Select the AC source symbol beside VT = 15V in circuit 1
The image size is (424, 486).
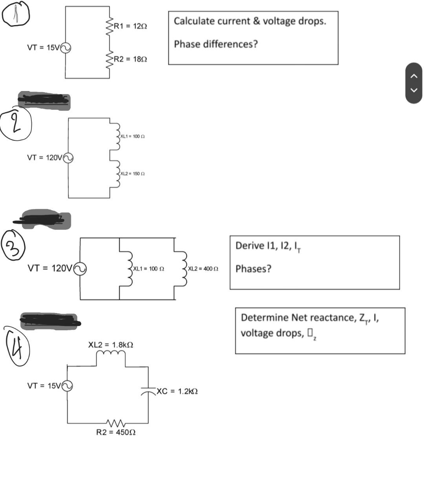(65, 48)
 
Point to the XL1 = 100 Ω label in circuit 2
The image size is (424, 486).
(133, 137)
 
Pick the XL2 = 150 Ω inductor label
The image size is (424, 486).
(133, 174)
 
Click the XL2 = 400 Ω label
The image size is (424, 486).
(203, 269)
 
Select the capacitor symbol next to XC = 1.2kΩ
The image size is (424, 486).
(148, 390)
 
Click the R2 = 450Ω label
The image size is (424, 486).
(116, 433)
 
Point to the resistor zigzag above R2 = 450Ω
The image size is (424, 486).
(116, 424)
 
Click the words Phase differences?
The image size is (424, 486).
(216, 44)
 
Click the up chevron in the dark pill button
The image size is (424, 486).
(413, 76)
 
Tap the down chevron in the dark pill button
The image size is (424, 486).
(413, 90)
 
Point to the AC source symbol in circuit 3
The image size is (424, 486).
(80, 269)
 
